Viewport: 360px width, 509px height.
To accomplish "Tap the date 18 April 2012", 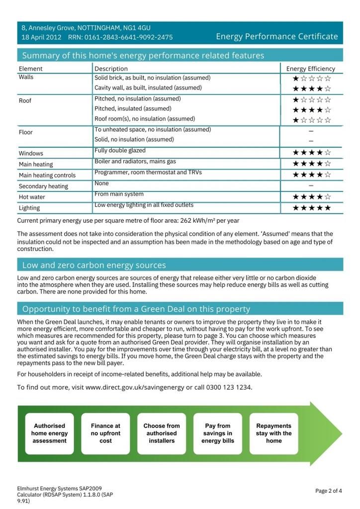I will [41, 37].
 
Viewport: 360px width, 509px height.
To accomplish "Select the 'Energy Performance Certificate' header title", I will [277, 36].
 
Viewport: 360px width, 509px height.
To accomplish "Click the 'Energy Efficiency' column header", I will [311, 69].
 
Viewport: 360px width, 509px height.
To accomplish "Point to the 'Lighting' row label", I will [29, 208].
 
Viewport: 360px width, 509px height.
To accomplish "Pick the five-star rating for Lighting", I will [311, 208].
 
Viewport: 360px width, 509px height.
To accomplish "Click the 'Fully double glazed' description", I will [120, 150].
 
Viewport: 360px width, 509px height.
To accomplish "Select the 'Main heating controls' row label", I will [47, 175].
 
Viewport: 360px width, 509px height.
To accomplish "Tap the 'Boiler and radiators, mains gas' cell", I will [135, 162].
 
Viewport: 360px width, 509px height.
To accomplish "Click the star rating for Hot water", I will [311, 197].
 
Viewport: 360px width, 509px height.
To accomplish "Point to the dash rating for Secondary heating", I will [311, 185].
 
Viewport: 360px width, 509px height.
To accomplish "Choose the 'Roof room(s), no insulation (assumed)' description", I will [145, 119].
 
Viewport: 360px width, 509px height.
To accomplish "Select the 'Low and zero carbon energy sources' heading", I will [94, 265].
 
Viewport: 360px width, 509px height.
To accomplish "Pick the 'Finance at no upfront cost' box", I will [105, 433].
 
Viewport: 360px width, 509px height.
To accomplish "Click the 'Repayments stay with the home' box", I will [273, 433].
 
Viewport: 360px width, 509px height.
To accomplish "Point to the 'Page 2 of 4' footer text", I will [328, 491].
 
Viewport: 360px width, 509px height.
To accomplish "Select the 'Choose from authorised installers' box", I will [162, 433].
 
